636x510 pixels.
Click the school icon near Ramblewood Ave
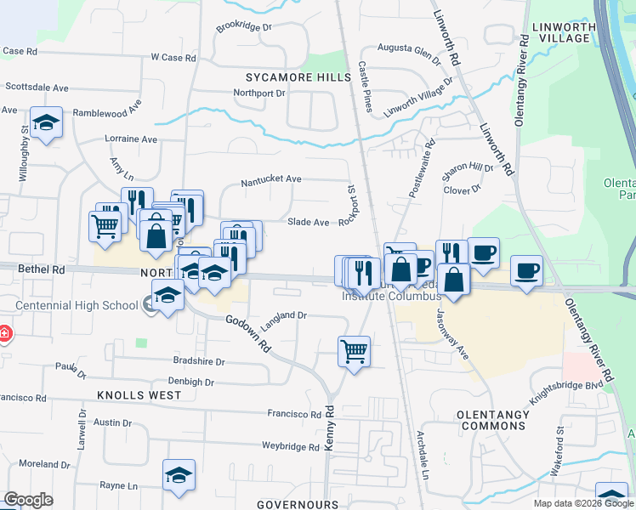coord(46,123)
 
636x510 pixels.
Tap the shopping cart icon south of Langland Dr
coord(354,350)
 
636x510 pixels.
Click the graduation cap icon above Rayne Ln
coord(179,474)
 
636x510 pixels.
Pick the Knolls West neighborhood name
coord(139,395)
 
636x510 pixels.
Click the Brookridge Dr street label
coord(243,27)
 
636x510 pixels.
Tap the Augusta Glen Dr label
coord(409,54)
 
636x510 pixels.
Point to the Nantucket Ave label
coord(271,179)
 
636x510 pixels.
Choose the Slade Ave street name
coord(308,222)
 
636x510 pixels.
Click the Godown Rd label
coord(248,334)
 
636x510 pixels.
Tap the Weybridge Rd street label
coord(290,446)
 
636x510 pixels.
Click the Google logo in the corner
coord(28,500)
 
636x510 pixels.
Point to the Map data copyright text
coord(583,503)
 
